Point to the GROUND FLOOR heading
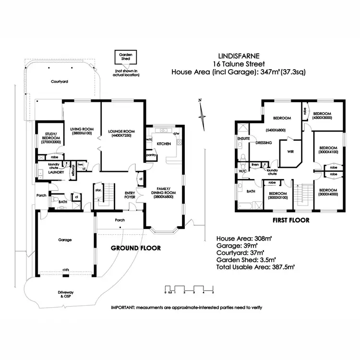tap(136, 248)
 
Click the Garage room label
tap(65, 240)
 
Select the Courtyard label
tap(60, 82)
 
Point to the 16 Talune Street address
tap(239, 64)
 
